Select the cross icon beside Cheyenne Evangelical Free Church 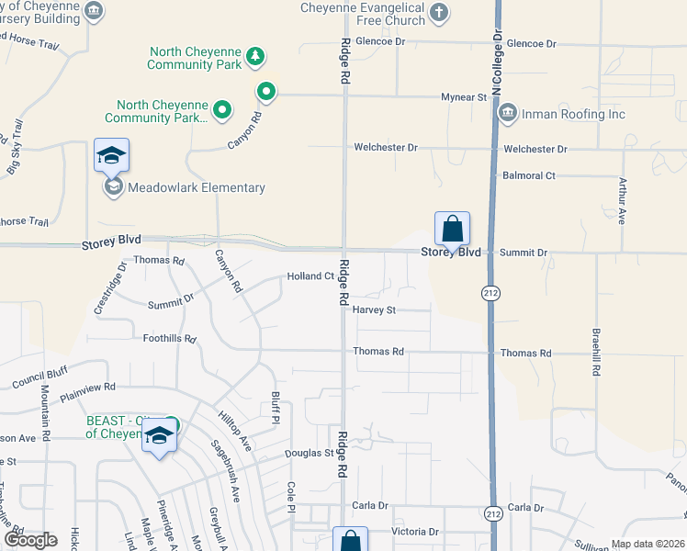coord(439,12)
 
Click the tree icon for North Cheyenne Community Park coord(255,59)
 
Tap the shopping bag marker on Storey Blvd coord(452,229)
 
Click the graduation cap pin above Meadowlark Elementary coord(111,155)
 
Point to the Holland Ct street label coord(310,276)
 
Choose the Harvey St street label coord(374,310)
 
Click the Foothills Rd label coord(170,339)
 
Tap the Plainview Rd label coord(87,392)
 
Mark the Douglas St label coord(309,454)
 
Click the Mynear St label coord(463,96)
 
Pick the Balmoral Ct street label coord(529,175)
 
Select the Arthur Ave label coord(622,201)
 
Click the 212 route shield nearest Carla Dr coord(493,514)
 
